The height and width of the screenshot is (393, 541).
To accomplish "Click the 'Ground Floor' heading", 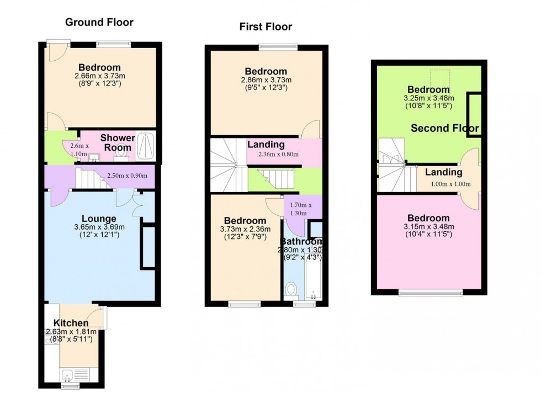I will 99,23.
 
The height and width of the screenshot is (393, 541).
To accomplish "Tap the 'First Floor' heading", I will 266,26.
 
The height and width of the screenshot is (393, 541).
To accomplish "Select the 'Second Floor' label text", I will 445,129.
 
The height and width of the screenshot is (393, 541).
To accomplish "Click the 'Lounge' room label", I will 99,218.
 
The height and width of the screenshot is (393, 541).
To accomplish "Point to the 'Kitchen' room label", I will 71,323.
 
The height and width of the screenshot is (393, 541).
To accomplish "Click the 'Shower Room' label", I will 117,142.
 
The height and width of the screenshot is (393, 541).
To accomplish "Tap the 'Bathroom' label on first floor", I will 301,242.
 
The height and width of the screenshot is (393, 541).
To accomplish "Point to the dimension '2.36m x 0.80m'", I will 278,154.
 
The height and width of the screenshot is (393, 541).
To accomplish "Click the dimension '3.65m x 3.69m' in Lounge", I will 99,227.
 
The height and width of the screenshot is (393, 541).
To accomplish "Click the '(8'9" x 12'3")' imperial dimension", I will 99,83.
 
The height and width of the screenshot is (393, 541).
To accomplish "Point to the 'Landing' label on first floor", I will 266,145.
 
